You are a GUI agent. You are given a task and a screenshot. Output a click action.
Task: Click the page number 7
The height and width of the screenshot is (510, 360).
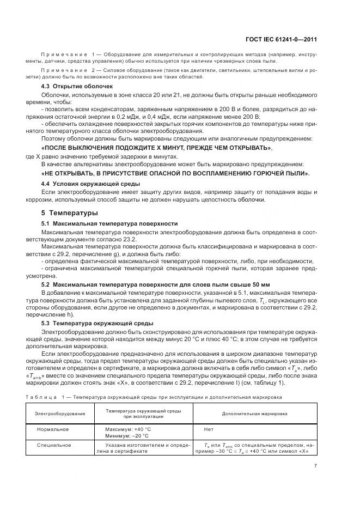click(x=316, y=466)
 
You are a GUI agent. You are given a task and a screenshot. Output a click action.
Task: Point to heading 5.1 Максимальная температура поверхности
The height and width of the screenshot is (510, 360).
click(x=109, y=224)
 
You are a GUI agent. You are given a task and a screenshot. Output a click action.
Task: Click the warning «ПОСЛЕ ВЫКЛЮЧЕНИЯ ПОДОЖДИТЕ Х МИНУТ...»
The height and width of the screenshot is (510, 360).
click(x=156, y=148)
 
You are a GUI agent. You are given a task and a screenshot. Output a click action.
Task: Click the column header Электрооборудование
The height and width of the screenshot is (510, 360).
click(x=60, y=414)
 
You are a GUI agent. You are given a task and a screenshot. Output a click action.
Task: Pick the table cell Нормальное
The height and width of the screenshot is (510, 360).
click(x=53, y=429)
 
